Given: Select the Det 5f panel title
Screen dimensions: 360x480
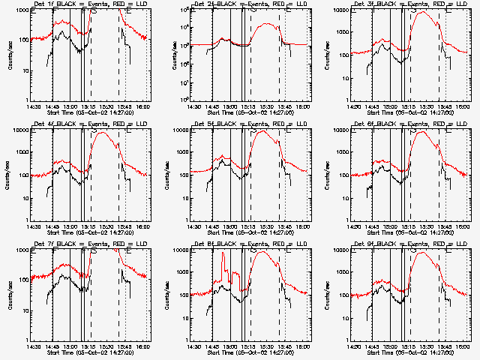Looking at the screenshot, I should click(231, 124).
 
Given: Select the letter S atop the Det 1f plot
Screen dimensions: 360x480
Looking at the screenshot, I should click(94, 12).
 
